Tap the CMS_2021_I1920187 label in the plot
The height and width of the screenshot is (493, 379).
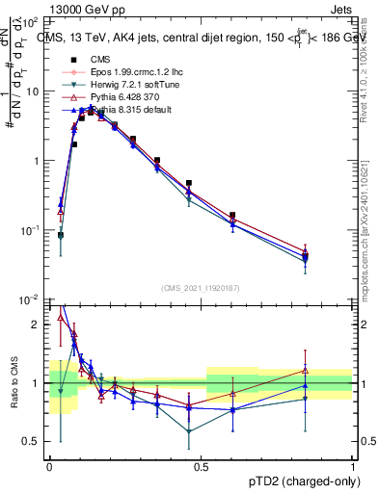tap(200, 287)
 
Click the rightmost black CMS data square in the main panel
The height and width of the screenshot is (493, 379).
tap(332, 253)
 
